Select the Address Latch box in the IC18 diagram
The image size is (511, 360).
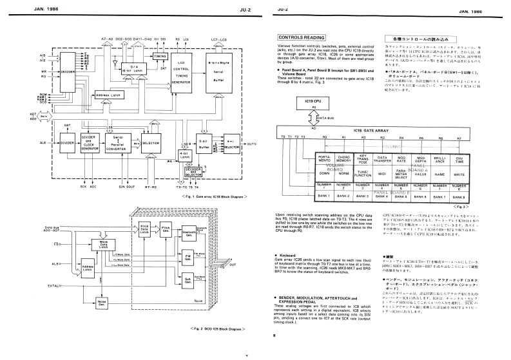click(110, 95)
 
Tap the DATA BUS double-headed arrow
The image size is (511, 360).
click(316, 118)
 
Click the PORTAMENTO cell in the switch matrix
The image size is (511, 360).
click(325, 158)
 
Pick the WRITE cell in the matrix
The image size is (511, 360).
click(459, 173)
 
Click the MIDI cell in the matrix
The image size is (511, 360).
click(383, 173)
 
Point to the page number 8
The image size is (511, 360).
click(274, 336)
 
